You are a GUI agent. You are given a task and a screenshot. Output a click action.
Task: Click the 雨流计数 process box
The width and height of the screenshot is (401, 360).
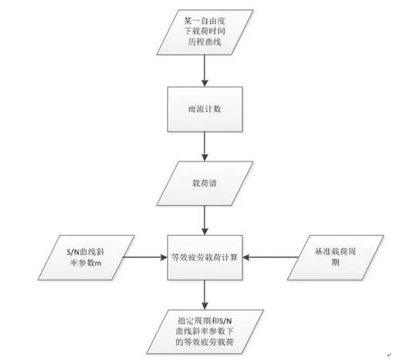(205, 109)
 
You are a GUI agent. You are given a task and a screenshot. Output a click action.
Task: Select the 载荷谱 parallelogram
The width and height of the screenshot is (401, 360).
(205, 183)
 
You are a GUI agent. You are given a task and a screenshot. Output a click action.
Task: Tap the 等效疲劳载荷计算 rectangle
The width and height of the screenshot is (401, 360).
(205, 257)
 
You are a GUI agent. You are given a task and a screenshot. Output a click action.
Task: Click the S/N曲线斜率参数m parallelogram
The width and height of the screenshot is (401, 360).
(86, 257)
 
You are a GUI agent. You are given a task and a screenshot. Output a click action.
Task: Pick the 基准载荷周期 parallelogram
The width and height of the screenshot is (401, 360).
(336, 257)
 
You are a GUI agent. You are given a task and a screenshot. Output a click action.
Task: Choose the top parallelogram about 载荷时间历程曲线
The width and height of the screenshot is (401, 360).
(205, 32)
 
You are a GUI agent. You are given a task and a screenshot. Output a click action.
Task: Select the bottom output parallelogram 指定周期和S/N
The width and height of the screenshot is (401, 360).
(205, 332)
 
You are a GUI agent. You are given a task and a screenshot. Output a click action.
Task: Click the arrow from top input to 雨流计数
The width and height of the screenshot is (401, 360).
(204, 71)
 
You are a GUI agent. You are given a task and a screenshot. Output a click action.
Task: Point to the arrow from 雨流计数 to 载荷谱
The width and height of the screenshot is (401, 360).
(204, 147)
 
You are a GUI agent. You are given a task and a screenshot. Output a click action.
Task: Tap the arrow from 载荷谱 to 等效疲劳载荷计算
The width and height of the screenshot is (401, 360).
(204, 220)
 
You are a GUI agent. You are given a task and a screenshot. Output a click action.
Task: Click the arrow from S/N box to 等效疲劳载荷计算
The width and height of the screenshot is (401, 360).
(145, 257)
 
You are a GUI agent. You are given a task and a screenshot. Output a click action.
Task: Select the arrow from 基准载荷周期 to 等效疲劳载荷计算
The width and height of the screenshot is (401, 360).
(270, 257)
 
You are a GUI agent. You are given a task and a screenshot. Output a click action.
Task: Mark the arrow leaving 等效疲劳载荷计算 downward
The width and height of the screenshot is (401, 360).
(204, 295)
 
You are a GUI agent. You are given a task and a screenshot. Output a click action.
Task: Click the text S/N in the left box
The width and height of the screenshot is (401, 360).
(73, 253)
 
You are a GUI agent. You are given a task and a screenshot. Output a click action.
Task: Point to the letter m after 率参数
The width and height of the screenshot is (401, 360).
(98, 263)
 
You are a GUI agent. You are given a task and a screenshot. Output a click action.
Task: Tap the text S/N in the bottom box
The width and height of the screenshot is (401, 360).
(225, 321)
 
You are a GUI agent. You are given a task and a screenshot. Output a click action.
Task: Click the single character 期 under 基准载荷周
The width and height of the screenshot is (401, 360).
(336, 263)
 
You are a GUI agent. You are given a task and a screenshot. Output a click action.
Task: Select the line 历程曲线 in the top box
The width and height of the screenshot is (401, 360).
(204, 41)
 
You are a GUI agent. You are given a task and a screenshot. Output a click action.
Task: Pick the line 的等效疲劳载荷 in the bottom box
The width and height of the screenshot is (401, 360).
(204, 342)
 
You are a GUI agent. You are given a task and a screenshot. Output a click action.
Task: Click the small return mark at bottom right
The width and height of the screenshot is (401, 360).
(389, 355)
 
